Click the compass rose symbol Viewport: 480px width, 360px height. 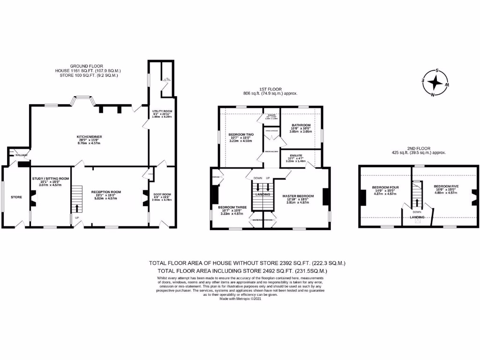pos(435,83)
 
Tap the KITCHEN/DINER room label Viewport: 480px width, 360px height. pos(90,137)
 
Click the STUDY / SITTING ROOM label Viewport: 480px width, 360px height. pos(51,179)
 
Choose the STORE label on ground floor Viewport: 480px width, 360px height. pos(16,197)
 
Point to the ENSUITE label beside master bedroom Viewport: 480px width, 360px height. pos(295,155)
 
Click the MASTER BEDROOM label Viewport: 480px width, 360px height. pos(298,195)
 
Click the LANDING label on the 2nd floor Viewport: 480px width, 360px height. pos(417,217)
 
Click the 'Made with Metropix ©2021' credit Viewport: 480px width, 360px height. pos(240,299)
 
